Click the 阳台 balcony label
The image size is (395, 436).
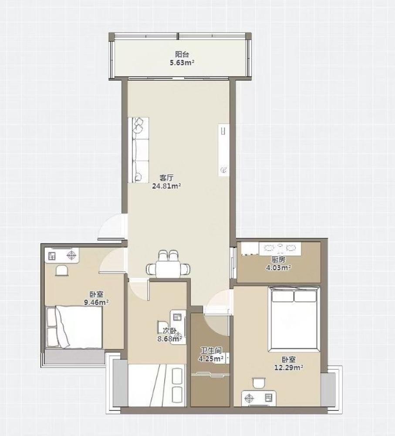[x=182, y=54]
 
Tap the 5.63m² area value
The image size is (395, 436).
[x=182, y=62]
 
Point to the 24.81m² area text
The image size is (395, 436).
[x=167, y=186]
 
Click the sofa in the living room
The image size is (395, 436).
[x=138, y=150]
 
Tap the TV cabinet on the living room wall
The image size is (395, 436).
[x=223, y=150]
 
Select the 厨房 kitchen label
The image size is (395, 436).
[x=278, y=260]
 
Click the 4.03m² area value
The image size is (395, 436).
[x=278, y=268]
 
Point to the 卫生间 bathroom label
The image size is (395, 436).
[x=211, y=351]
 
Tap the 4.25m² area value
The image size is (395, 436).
[x=211, y=359]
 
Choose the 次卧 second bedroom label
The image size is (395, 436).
[x=170, y=331]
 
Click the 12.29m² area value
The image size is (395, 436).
[x=289, y=368]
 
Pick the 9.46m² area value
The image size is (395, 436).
[x=96, y=302]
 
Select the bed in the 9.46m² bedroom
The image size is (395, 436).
[x=74, y=327]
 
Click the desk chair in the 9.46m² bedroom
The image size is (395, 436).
[x=62, y=270]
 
